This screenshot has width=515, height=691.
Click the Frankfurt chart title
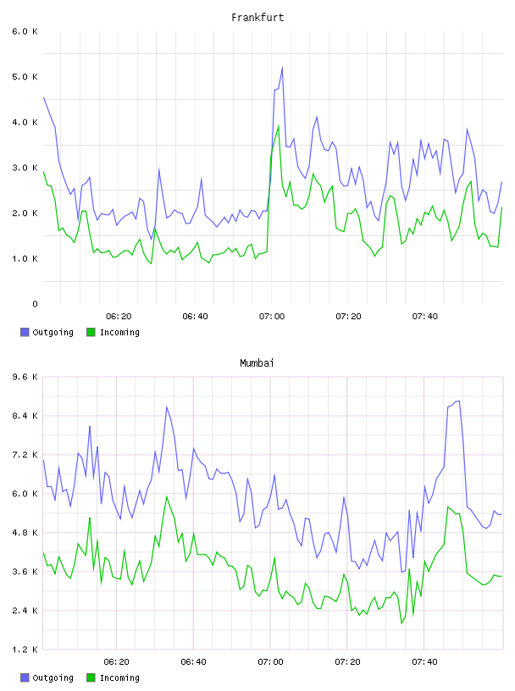pos(257,18)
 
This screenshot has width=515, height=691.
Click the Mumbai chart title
pos(257,363)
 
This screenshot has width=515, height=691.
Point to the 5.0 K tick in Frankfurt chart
pos(25,77)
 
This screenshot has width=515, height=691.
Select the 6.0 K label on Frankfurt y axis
pos(25,31)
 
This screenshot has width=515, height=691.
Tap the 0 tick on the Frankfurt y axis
pos(35,304)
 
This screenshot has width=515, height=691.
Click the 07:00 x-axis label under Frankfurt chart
pos(272,317)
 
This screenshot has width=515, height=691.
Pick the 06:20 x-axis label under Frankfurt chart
pos(119,317)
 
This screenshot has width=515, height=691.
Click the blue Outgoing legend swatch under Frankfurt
pos(25,332)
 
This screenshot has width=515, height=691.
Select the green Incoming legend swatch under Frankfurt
pos(91,332)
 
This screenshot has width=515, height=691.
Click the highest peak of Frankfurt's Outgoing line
pos(282,68)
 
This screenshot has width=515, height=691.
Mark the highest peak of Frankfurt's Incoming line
pos(278,126)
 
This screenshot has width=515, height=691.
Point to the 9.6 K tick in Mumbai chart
pos(25,377)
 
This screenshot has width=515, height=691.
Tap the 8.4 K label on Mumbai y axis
pos(25,416)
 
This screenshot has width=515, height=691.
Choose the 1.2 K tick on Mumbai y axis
pos(25,650)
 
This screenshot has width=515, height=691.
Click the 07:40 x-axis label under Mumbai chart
pos(424,662)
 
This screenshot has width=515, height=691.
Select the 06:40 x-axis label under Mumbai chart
pos(194,662)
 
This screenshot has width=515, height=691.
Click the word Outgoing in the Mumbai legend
pos(53,677)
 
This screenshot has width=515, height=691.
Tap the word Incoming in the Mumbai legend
pos(119,677)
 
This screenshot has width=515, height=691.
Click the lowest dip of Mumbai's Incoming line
pos(401,623)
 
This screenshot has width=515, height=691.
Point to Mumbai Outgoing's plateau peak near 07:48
pos(457,401)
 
